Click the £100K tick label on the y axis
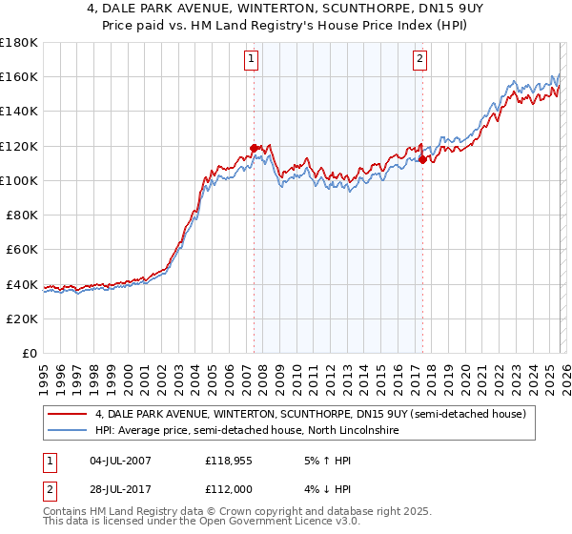(x=19, y=180)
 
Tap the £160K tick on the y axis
(x=19, y=76)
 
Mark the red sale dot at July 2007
(x=254, y=148)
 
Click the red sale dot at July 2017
(x=422, y=160)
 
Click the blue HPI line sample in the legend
(x=69, y=431)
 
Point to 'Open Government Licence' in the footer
(x=247, y=524)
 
